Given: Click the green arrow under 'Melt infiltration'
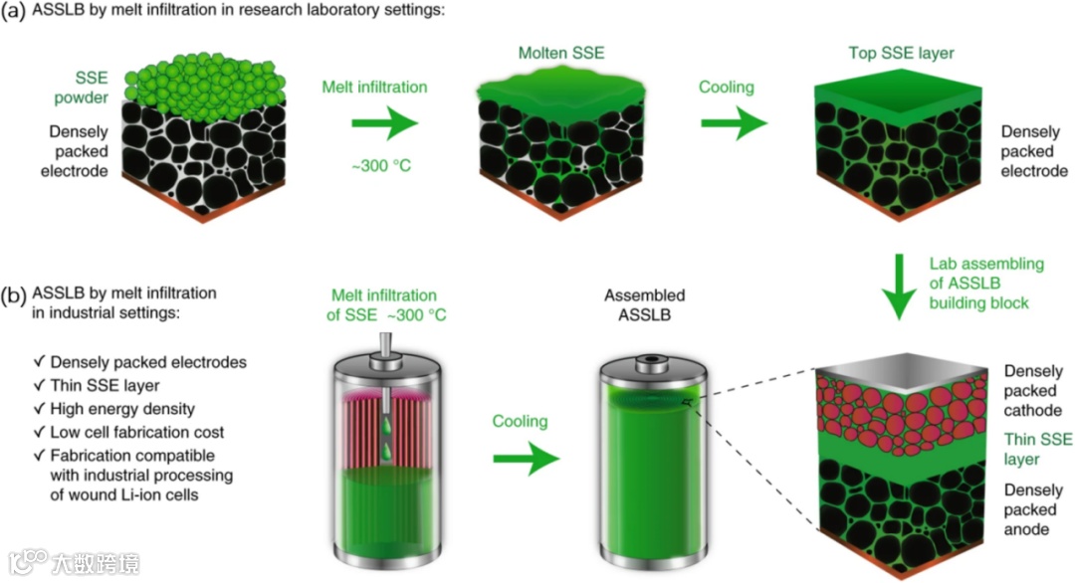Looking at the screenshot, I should click(383, 125).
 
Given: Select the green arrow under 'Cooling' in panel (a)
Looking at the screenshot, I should click(735, 125).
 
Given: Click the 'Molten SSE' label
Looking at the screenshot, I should click(560, 52).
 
